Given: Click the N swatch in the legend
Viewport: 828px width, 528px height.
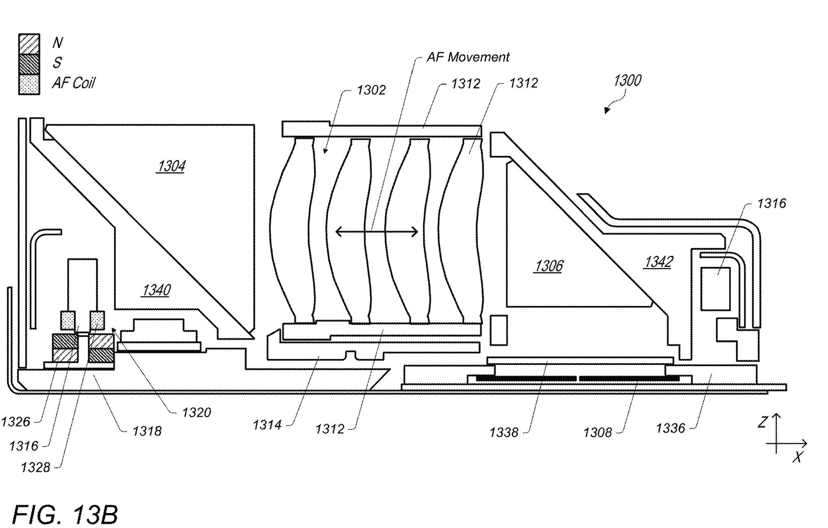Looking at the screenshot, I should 29,44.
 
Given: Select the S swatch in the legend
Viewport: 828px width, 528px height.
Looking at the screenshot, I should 29,64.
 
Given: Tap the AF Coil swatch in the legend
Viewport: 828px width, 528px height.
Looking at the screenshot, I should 29,84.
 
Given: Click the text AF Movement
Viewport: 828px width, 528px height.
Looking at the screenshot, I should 468,57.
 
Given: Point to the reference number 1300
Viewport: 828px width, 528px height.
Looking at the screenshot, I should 627,81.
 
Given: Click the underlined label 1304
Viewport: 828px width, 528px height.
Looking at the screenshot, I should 171,166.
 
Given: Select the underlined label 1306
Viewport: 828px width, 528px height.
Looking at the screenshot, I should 549,266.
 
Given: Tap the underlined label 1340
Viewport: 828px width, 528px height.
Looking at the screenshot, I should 156,290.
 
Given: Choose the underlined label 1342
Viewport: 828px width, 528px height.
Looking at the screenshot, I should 659,262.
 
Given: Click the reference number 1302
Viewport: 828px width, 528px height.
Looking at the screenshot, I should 371,90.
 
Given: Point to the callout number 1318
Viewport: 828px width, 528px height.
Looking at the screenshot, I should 147,431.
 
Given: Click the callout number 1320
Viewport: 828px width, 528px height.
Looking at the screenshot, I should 196,412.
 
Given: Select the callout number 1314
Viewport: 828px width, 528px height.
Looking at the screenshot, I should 267,425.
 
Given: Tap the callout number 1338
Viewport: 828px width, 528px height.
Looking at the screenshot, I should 504,433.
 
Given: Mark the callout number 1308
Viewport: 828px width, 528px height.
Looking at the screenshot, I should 598,433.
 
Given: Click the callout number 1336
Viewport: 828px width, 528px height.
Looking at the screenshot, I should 670,428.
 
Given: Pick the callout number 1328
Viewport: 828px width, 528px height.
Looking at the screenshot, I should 36,467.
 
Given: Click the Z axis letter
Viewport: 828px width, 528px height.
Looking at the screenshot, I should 763,423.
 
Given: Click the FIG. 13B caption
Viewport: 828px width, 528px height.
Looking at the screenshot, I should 65,515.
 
